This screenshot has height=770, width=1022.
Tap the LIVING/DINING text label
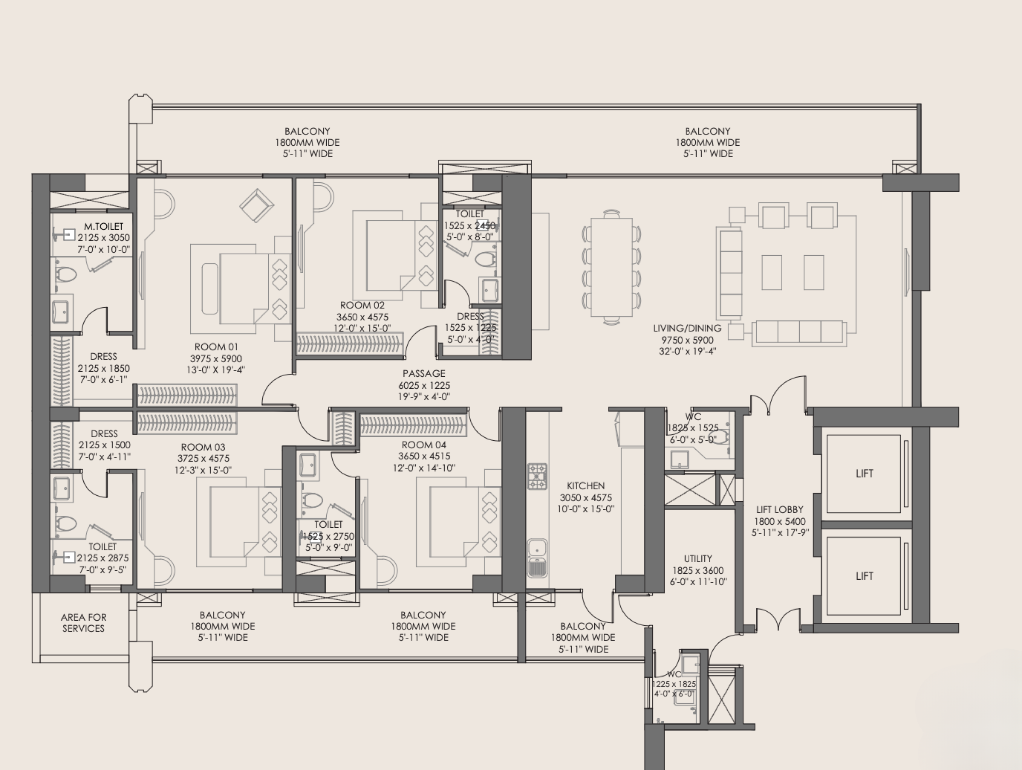pos(687,328)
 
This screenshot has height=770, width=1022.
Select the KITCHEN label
pos(585,486)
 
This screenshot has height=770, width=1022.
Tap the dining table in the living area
pos(611,267)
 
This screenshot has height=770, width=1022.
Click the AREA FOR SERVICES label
pos(84,623)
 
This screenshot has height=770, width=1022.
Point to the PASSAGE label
pos(424,373)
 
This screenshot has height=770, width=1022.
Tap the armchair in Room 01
pos(256,206)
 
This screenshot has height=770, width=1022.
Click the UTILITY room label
pos(698,558)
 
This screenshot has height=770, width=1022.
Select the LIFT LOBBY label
pos(779,509)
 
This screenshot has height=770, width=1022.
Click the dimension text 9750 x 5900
pos(687,340)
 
